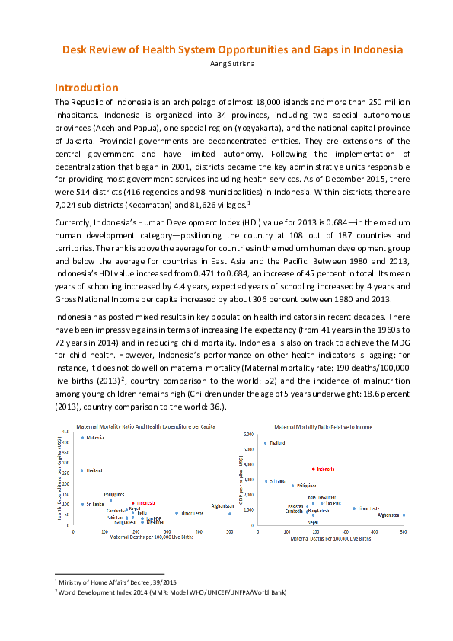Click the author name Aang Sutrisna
click(226, 63)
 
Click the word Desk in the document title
click(75, 49)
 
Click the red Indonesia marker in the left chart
click(132, 503)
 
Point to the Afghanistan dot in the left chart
click(230, 514)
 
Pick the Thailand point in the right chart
click(265, 442)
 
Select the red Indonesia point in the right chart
click(313, 470)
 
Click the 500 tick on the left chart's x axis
click(230, 531)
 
